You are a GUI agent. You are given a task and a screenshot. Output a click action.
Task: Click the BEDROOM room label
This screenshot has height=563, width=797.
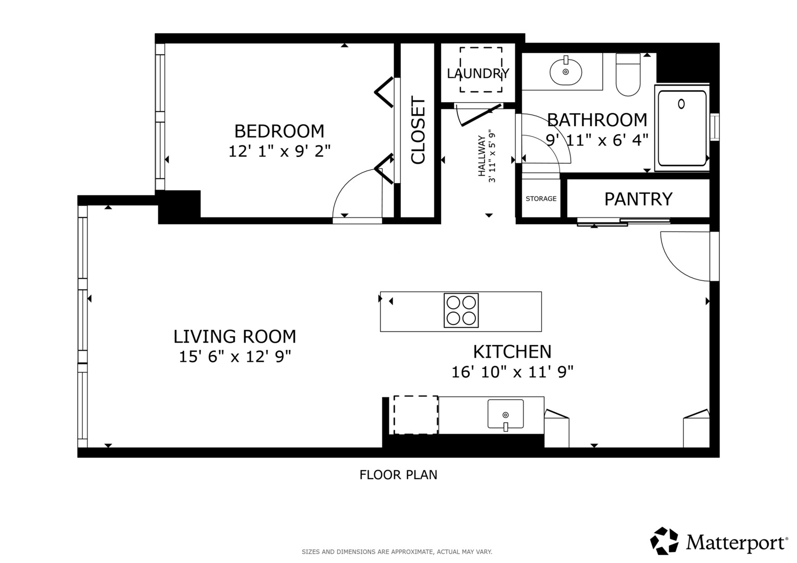pyautogui.click(x=279, y=131)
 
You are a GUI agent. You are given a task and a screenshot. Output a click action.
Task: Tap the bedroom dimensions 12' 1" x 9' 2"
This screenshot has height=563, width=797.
pyautogui.click(x=279, y=151)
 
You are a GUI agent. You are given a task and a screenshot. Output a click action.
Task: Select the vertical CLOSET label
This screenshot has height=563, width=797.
pyautogui.click(x=418, y=130)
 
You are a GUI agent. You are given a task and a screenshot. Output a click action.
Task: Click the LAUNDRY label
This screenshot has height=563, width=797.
pyautogui.click(x=478, y=74)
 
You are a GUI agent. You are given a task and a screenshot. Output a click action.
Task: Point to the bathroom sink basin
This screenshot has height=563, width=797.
pyautogui.click(x=566, y=71)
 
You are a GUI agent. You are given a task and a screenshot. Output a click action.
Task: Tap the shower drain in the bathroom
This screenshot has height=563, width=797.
pyautogui.click(x=681, y=104)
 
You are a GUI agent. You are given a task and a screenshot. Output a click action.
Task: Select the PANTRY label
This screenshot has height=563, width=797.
pyautogui.click(x=638, y=199)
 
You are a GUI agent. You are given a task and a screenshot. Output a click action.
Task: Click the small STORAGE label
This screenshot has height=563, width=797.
pyautogui.click(x=541, y=199)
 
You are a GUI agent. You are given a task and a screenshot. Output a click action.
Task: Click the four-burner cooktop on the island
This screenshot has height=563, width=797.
pyautogui.click(x=461, y=311)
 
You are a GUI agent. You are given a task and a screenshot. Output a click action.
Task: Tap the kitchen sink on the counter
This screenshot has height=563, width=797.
pyautogui.click(x=505, y=414)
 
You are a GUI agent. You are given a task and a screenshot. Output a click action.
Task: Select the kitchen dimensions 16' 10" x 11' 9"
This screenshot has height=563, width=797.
pyautogui.click(x=512, y=372)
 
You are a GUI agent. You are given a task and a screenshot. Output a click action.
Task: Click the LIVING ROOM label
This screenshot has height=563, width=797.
pyautogui.click(x=234, y=337)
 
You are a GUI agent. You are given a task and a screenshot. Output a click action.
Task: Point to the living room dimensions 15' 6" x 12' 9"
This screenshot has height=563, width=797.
pyautogui.click(x=234, y=357)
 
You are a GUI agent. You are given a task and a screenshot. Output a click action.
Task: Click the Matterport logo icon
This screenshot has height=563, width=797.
pyautogui.click(x=664, y=541)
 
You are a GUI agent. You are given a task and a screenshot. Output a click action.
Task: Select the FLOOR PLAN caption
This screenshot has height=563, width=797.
pyautogui.click(x=398, y=475)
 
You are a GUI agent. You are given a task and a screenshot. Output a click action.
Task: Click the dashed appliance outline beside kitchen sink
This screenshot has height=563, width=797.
pyautogui.click(x=415, y=415)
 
